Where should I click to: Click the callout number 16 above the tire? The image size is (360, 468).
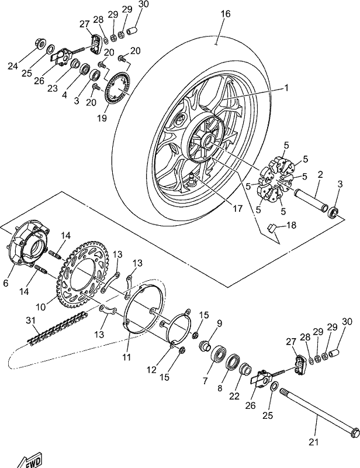pos(226,13)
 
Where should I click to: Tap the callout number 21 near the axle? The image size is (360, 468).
pos(313,442)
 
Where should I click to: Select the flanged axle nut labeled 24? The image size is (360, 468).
pos(40,43)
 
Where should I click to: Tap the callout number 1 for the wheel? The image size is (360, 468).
pos(286,88)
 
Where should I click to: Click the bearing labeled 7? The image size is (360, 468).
pos(219,355)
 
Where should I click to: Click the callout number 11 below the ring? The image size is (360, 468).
pos(127,357)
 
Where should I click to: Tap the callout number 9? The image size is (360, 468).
pos(220,323)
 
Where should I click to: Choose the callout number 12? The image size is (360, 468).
pos(151,370)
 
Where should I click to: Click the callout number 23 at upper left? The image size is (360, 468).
pos(53,88)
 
